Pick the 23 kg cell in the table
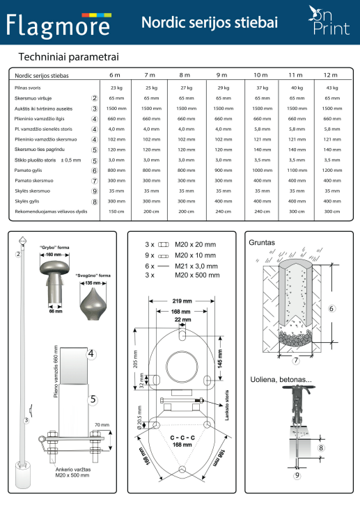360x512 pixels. tap(116, 88)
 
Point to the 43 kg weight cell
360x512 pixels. tap(331, 88)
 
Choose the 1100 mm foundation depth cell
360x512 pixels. tap(297, 170)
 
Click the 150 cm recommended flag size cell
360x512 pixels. tap(116, 211)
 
